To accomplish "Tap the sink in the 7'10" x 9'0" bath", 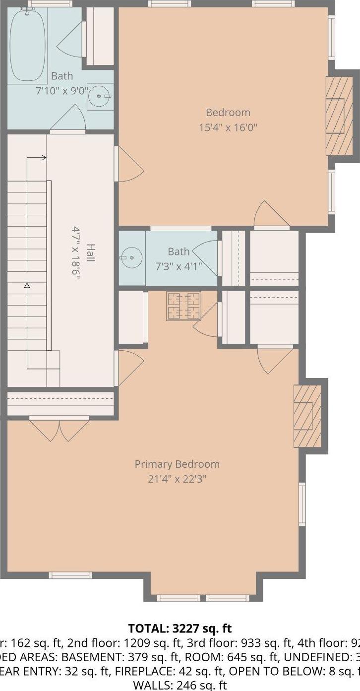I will (101, 96).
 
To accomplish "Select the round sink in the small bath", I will (131, 257).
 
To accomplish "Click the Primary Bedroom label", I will (177, 464).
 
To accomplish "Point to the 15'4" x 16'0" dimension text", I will (228, 127).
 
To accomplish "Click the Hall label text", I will (91, 253).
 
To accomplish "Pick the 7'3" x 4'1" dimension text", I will (178, 266).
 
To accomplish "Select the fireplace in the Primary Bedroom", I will (303, 416).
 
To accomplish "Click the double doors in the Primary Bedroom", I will (60, 430).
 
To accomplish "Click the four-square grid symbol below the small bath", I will (183, 306).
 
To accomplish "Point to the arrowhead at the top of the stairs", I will (44, 158).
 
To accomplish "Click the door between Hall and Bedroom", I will (129, 165).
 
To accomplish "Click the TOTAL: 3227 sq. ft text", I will (180, 629).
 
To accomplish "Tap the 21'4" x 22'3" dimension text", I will (177, 479).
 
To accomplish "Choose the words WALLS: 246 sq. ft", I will (180, 686).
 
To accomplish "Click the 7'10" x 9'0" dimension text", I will (61, 91).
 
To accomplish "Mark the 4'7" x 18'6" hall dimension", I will (76, 253).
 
